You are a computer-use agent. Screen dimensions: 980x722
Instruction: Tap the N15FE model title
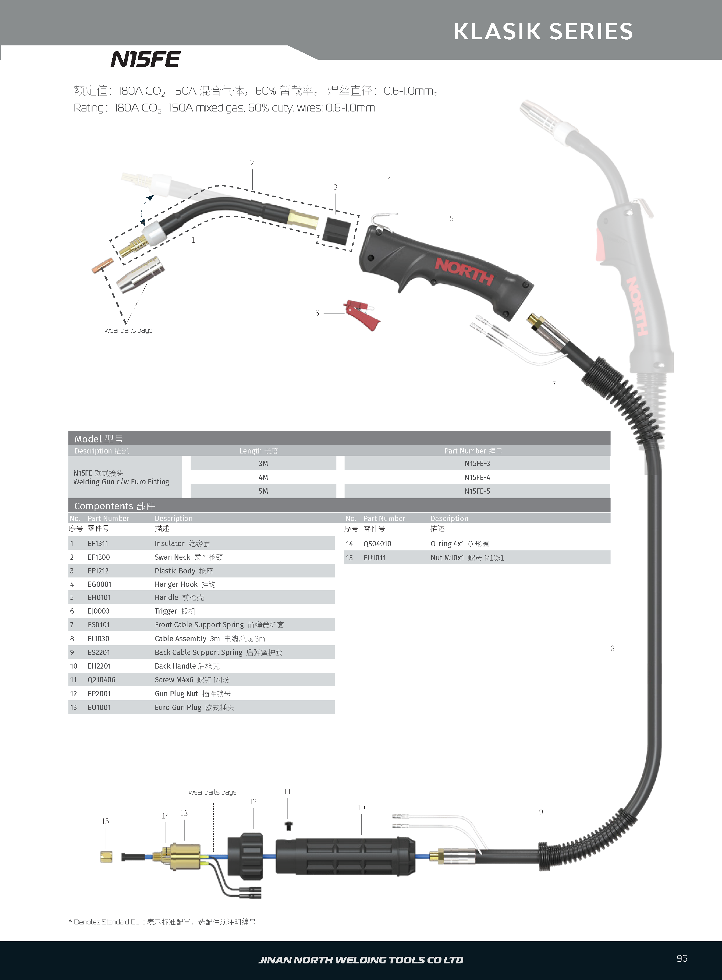pos(146,59)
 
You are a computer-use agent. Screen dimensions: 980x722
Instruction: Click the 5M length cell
pos(263,491)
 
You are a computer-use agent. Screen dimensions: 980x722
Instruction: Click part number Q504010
pos(377,544)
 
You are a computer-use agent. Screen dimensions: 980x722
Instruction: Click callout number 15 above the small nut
pos(105,821)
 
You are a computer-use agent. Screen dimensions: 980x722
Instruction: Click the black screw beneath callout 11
pos(288,826)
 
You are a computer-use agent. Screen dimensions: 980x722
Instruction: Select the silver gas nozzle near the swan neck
pos(140,275)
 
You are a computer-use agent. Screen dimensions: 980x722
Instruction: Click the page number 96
pos(682,958)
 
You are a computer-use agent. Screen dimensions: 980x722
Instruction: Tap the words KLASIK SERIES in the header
pos(543,31)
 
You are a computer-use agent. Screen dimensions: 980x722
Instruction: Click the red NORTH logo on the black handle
pos(464,272)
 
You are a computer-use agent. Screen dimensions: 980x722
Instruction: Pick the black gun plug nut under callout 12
pos(246,855)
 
